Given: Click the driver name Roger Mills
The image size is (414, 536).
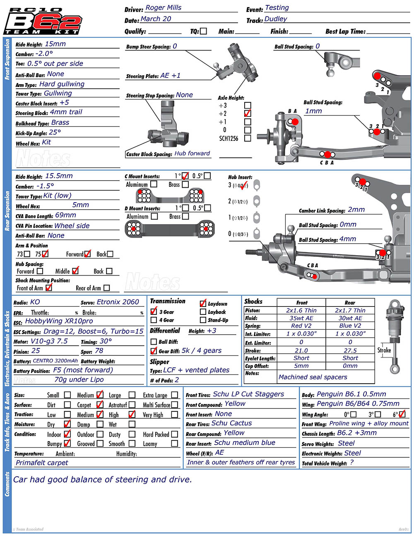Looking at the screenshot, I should (163, 8).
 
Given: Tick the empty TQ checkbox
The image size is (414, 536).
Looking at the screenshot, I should (203, 31).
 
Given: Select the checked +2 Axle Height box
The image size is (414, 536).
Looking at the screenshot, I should (248, 113).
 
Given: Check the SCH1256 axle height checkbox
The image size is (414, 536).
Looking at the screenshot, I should (248, 138).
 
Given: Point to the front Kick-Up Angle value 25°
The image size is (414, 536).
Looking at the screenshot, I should (55, 133).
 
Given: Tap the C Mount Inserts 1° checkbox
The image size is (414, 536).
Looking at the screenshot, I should (185, 176).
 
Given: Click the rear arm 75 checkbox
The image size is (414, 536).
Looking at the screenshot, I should (45, 254).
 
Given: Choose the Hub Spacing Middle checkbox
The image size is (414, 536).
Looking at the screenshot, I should (75, 271).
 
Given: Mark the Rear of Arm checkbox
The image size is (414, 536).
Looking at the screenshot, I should (106, 288).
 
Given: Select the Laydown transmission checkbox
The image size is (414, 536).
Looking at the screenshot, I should (203, 304).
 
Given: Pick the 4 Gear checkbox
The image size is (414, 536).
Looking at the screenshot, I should (154, 320).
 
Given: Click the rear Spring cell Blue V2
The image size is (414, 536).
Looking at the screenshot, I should (350, 326).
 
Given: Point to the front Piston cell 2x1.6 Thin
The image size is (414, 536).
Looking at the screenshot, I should (301, 310).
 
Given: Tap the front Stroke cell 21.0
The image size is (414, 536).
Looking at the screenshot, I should (301, 350).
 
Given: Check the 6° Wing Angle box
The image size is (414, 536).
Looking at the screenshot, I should (402, 414).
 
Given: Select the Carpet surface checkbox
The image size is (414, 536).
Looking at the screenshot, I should (100, 405).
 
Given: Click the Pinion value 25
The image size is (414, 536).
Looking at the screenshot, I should (36, 351).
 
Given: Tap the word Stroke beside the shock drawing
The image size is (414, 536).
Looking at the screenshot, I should (384, 350).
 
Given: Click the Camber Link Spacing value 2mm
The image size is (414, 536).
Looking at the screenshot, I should (356, 210).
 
